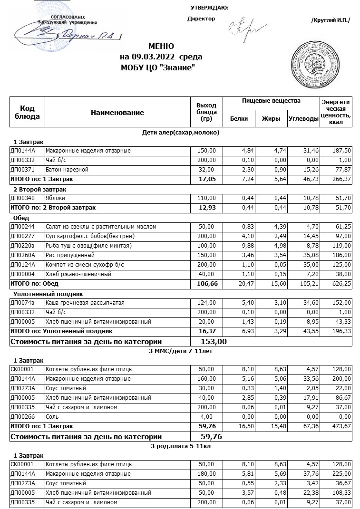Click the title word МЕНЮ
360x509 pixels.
161,47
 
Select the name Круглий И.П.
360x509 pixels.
330,19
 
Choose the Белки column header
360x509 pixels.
239,119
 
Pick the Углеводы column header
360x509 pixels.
303,119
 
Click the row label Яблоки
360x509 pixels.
55,198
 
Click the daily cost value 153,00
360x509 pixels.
209,342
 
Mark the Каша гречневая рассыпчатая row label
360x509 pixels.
78,303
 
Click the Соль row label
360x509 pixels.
52,417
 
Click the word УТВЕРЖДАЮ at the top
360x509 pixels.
209,8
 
